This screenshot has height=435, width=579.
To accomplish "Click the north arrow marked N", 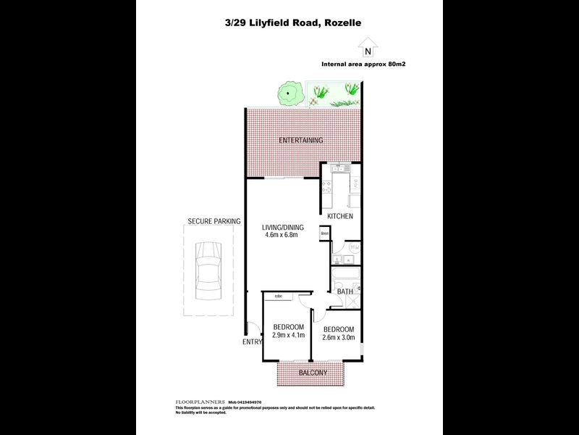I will [x=370, y=51].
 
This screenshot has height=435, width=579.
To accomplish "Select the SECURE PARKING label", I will [x=214, y=221].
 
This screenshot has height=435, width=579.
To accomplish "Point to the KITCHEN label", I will [x=340, y=217].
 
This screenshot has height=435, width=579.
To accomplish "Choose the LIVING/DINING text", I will [x=283, y=228].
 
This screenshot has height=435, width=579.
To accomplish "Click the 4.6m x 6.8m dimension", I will [x=283, y=236].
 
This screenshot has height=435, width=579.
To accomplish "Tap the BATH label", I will [x=345, y=292].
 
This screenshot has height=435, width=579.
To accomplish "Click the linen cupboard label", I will [x=325, y=233].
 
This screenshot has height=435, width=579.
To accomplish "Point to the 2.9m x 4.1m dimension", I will [x=288, y=336].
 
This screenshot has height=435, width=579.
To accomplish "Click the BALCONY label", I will [x=313, y=373].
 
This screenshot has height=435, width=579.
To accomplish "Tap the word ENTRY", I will [x=252, y=342].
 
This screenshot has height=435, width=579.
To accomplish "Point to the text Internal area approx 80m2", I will [x=363, y=65].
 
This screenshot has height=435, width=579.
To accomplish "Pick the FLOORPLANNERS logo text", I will [x=200, y=402].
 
